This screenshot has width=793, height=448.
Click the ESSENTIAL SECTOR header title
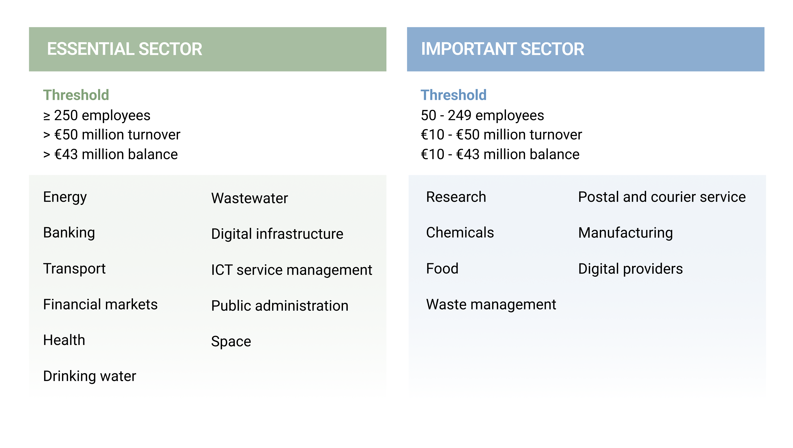pyautogui.click(x=124, y=49)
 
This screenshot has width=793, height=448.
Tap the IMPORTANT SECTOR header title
pyautogui.click(x=502, y=49)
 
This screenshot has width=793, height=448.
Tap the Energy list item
pyautogui.click(x=65, y=197)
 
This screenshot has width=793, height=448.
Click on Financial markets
pyautogui.click(x=100, y=304)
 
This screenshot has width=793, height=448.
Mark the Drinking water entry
pyautogui.click(x=90, y=376)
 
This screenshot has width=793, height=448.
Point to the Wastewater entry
pyautogui.click(x=249, y=198)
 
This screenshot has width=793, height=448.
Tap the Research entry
pyautogui.click(x=456, y=197)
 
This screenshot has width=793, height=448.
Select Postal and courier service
pyautogui.click(x=662, y=197)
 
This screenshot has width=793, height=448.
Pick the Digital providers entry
pyautogui.click(x=630, y=269)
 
